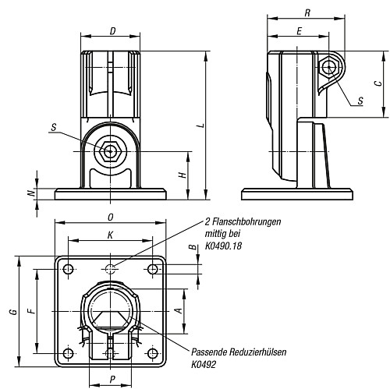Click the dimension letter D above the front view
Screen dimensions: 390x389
112,31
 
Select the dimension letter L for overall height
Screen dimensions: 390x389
201,126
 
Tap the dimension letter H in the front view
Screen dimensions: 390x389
183,175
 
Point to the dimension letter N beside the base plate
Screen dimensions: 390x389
32,193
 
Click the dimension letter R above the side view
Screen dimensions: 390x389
307,13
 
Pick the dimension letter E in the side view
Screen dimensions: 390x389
300,31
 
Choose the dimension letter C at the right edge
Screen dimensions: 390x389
379,83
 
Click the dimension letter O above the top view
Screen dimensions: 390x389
111,217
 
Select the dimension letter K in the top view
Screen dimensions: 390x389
110,235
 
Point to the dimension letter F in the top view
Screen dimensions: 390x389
32,310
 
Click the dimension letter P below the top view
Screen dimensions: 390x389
112,380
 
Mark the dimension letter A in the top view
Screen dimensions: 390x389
179,310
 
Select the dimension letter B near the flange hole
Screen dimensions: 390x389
193,247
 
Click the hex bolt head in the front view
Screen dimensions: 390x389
111,151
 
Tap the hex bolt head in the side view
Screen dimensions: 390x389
329,67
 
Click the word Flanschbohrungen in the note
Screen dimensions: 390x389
246,221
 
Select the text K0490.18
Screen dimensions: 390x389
223,246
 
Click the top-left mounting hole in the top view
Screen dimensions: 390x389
69,269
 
